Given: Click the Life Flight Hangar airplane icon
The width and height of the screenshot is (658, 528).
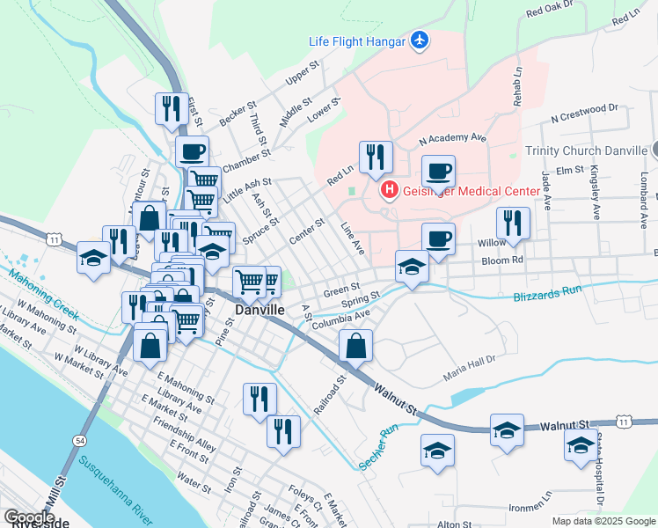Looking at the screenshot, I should [x=420, y=40].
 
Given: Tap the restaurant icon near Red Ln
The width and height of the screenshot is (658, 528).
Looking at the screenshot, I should [x=376, y=157].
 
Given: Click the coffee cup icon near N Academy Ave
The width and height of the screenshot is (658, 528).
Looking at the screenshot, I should [x=438, y=170].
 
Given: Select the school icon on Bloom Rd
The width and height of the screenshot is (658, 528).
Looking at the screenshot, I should [x=412, y=266].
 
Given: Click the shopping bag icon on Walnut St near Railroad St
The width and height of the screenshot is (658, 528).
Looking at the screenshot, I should [x=355, y=346].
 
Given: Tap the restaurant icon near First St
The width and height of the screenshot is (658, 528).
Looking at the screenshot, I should [x=172, y=108].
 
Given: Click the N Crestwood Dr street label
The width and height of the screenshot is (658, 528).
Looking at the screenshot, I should [x=585, y=113].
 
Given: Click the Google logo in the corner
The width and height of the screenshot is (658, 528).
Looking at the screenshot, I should [x=29, y=517].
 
